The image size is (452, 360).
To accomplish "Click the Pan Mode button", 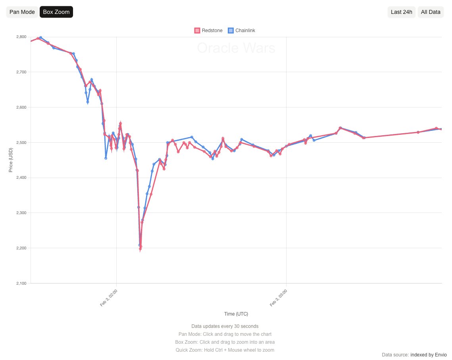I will pyautogui.click(x=22, y=12).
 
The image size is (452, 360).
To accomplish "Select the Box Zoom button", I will pyautogui.click(x=56, y=12).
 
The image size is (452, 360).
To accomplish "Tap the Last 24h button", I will pyautogui.click(x=401, y=12).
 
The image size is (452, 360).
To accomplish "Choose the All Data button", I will pyautogui.click(x=431, y=12).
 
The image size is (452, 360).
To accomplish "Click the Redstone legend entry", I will pyautogui.click(x=208, y=31).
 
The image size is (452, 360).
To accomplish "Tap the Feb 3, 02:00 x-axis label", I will pyautogui.click(x=109, y=298).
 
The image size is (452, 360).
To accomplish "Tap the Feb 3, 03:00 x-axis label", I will pyautogui.click(x=279, y=298).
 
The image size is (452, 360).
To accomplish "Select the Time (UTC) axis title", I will pyautogui.click(x=236, y=314).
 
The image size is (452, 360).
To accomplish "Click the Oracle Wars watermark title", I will pyautogui.click(x=236, y=48).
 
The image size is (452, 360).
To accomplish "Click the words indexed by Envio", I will pyautogui.click(x=429, y=354).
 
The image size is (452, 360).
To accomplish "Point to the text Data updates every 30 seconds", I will pyautogui.click(x=225, y=326).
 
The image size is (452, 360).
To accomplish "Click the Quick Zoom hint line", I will pyautogui.click(x=225, y=350).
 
